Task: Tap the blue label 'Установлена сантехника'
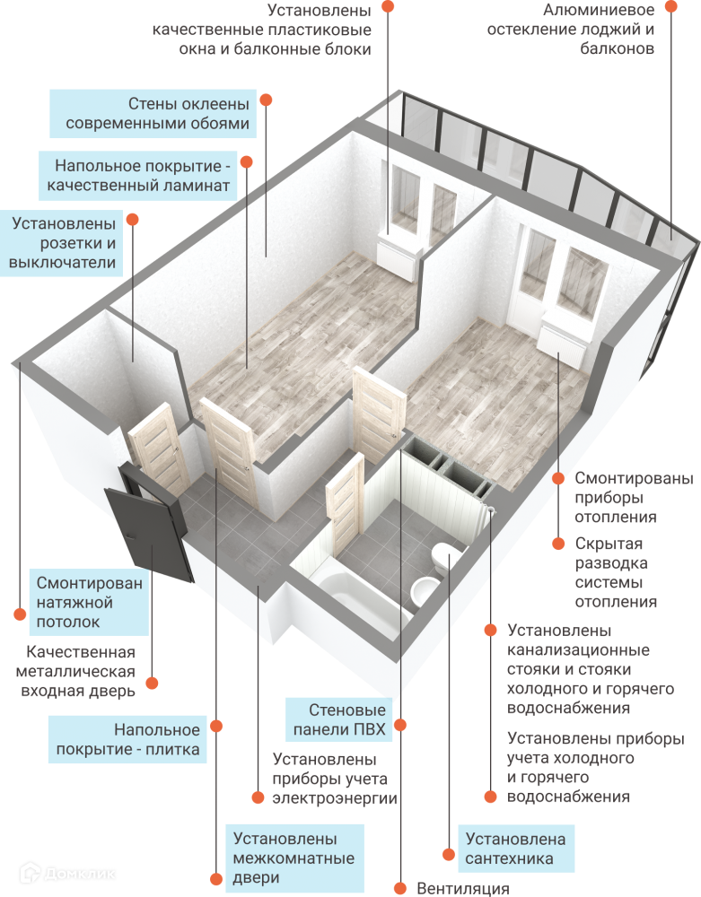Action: (516, 849)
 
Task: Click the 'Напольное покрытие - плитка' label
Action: (127, 740)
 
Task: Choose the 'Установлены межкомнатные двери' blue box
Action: (294, 858)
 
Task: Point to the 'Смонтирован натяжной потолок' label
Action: (89, 602)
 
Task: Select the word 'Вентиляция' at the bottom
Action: (463, 888)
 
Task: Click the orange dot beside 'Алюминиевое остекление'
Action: (670, 6)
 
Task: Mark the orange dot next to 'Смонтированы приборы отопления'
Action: (558, 478)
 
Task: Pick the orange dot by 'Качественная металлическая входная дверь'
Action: (152, 684)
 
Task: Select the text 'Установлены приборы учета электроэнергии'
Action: (334, 778)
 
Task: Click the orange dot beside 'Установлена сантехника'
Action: (446, 854)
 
